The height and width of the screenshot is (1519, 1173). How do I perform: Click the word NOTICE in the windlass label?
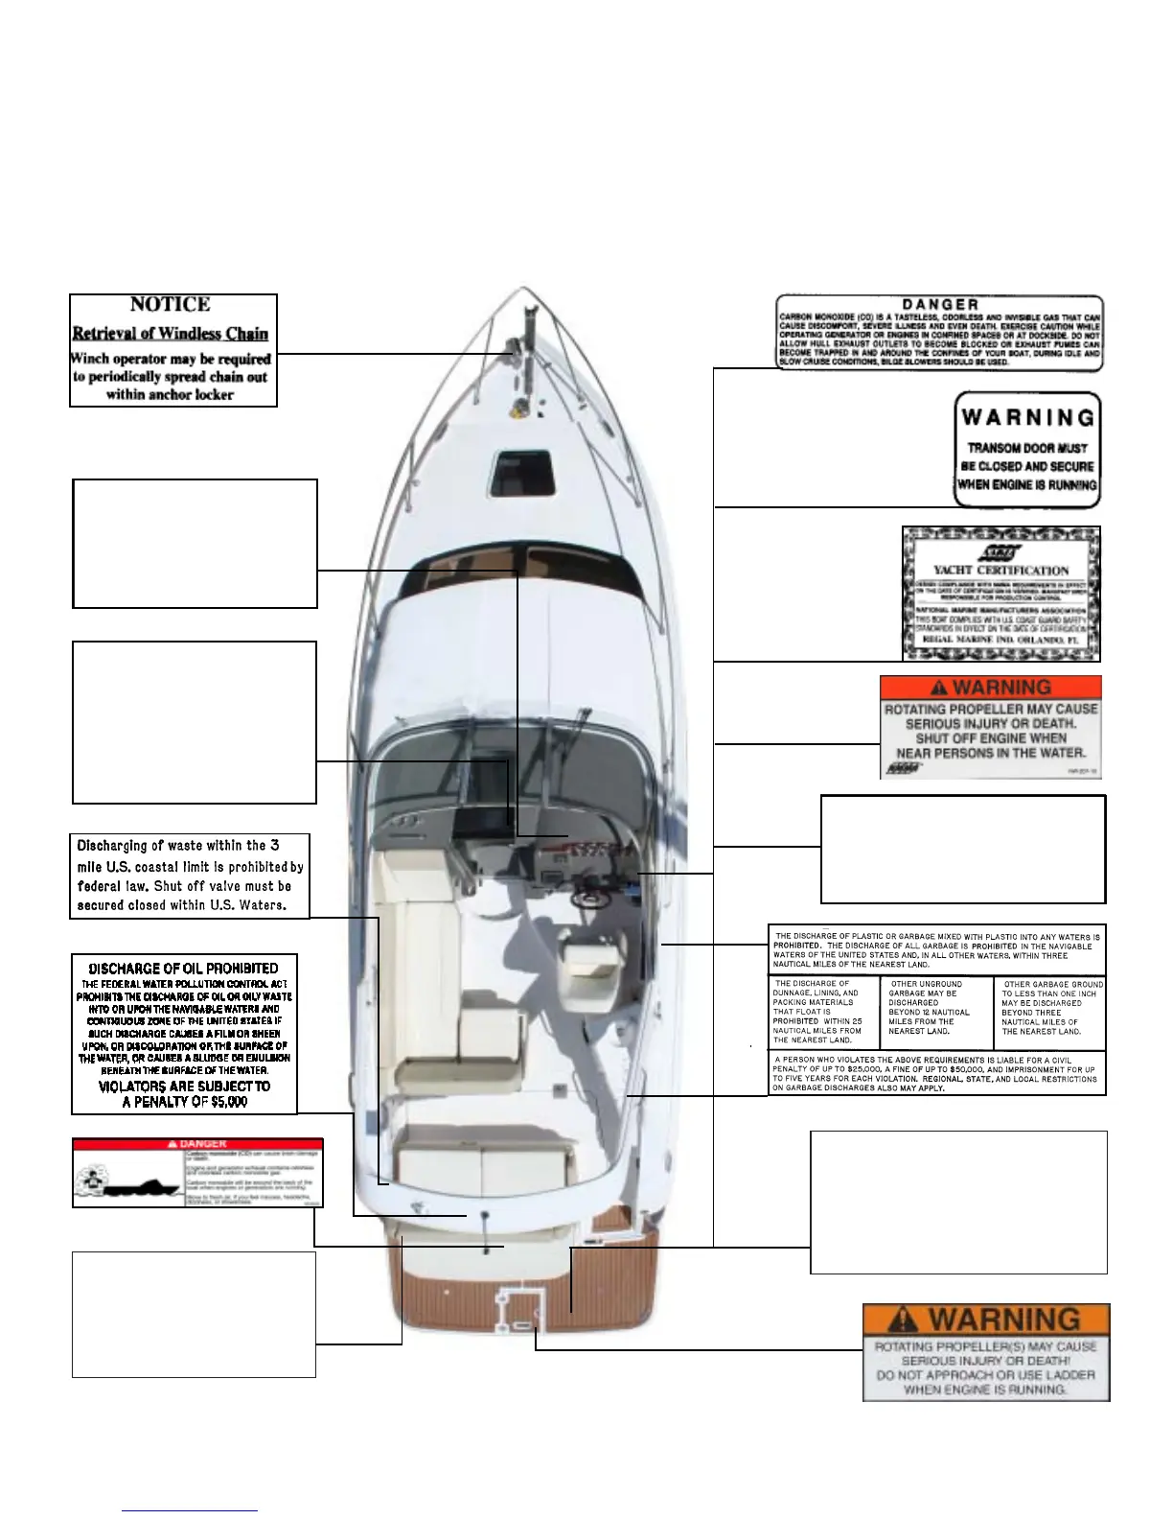(170, 305)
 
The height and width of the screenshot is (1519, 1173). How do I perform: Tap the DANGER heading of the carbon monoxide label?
(940, 305)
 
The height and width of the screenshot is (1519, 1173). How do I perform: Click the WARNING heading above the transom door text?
(1028, 418)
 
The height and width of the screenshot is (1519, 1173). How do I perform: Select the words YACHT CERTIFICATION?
(1001, 570)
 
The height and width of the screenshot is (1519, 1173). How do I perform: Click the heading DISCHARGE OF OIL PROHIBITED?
(183, 969)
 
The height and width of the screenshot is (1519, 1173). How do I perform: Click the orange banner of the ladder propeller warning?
(986, 1320)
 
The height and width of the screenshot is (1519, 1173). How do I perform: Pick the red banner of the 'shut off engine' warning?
(991, 688)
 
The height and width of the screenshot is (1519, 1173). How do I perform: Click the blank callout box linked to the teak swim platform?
(958, 1202)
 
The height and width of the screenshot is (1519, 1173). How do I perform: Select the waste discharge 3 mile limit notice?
(190, 876)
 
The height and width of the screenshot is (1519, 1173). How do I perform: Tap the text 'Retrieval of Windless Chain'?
(171, 334)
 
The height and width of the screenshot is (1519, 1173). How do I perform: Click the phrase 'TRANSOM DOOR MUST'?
(1027, 448)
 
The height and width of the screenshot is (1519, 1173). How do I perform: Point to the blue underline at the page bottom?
(190, 1511)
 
